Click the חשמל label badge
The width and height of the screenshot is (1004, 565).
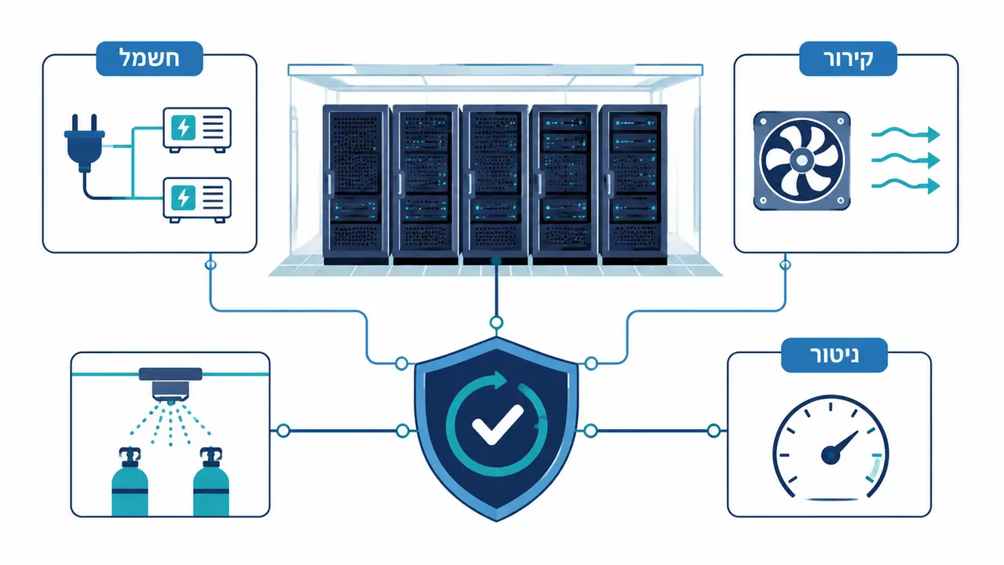[x=150, y=59]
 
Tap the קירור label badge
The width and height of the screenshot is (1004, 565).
[x=848, y=59]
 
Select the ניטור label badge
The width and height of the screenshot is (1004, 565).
[x=834, y=355]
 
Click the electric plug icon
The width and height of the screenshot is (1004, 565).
[x=85, y=144]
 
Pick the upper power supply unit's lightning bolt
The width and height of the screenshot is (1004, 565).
[x=184, y=128]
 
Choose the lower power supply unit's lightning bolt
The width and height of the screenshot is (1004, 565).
[x=184, y=198]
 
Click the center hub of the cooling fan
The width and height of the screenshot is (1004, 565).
[x=801, y=160]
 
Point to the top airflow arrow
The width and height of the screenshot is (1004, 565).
[x=905, y=134]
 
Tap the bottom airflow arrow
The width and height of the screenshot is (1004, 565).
[x=905, y=185]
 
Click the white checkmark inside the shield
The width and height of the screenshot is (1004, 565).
[x=498, y=424]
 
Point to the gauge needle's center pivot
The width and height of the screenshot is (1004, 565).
[x=831, y=455]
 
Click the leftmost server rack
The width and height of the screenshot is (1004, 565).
[x=356, y=184]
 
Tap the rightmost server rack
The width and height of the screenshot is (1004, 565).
[x=633, y=184]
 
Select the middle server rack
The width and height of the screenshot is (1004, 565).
[x=495, y=184]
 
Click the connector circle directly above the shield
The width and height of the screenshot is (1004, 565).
[x=496, y=323]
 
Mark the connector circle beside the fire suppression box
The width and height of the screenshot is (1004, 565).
[x=283, y=431]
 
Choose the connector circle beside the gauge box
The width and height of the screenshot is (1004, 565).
[x=714, y=431]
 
